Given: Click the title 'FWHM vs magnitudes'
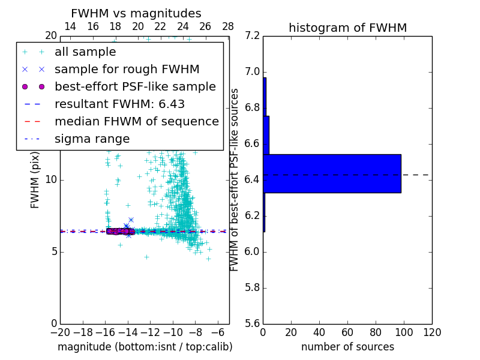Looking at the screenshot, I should pyautogui.click(x=136, y=14).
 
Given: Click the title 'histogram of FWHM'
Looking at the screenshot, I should pyautogui.click(x=347, y=28).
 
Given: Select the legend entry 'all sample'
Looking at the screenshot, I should pyautogui.click(x=85, y=52).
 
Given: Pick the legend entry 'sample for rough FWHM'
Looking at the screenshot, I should pyautogui.click(x=127, y=70).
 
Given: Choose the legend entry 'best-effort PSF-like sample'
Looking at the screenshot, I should pyautogui.click(x=135, y=87).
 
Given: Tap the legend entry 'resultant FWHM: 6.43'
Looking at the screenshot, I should pyautogui.click(x=119, y=104).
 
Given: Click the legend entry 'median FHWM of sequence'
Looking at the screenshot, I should pyautogui.click(x=136, y=122).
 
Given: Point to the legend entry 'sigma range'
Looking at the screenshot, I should pyautogui.click(x=92, y=139).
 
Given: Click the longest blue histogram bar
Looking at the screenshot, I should pyautogui.click(x=332, y=173).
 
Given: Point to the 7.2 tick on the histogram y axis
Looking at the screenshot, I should pyautogui.click(x=252, y=36).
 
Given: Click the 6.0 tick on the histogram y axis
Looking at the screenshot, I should pyautogui.click(x=252, y=251).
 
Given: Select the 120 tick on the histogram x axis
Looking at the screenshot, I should pyautogui.click(x=431, y=332).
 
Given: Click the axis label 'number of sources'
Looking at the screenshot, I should pyautogui.click(x=347, y=347).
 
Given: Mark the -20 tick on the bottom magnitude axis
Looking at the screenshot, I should pyautogui.click(x=60, y=332).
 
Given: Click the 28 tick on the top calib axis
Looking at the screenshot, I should pyautogui.click(x=228, y=26).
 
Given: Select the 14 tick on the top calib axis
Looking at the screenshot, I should pyautogui.click(x=70, y=26).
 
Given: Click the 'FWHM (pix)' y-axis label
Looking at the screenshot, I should pyautogui.click(x=35, y=179).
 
